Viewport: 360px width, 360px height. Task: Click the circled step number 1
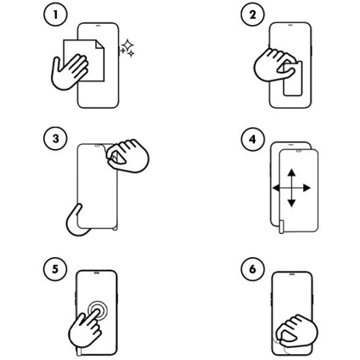pyautogui.click(x=55, y=14)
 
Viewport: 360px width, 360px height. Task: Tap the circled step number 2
pyautogui.click(x=253, y=14)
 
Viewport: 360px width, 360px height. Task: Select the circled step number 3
pyautogui.click(x=55, y=139)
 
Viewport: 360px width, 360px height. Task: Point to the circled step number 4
pyautogui.click(x=253, y=139)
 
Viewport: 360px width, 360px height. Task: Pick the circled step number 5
pyautogui.click(x=55, y=269)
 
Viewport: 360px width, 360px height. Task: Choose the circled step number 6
pyautogui.click(x=253, y=269)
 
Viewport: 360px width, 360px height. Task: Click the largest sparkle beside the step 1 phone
pyautogui.click(x=127, y=45)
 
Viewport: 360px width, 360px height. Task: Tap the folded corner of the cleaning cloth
pyautogui.click(x=100, y=45)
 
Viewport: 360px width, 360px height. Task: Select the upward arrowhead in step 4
pyautogui.click(x=292, y=173)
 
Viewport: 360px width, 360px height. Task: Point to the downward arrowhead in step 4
pyautogui.click(x=292, y=203)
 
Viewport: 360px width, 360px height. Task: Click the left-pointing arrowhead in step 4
pyautogui.click(x=276, y=188)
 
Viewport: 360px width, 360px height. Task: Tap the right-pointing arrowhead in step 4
pyautogui.click(x=307, y=188)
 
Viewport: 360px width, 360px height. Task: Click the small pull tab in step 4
pyautogui.click(x=282, y=226)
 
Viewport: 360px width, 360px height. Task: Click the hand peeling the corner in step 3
pyautogui.click(x=127, y=156)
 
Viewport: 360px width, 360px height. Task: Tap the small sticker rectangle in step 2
pyautogui.click(x=292, y=78)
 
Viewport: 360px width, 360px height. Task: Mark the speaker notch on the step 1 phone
pyautogui.click(x=98, y=25)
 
